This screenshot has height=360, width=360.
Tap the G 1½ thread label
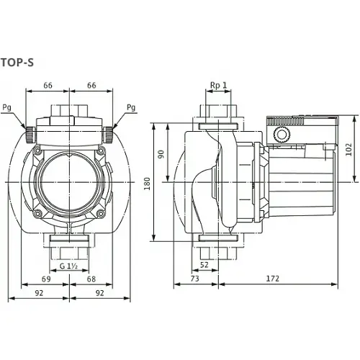coord(69,266)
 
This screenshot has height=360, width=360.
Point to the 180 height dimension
coord(148,183)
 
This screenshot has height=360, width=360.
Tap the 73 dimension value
coord(193,277)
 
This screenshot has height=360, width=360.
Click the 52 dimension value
coord(204,266)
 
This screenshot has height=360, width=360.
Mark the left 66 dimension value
coord(48,86)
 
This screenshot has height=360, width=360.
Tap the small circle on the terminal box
coord(280,135)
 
